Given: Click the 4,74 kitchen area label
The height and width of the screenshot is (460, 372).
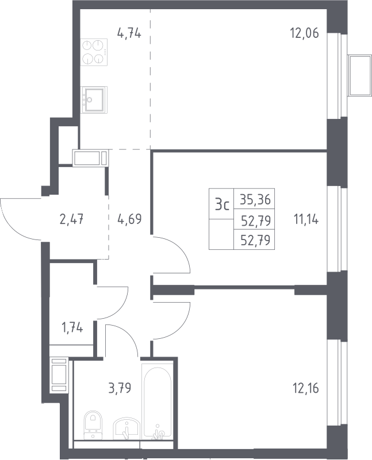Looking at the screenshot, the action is pos(129,33).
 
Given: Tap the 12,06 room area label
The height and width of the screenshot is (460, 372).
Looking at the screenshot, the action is pos(304,33).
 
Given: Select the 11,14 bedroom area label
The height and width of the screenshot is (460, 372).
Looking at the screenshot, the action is pos(306,219).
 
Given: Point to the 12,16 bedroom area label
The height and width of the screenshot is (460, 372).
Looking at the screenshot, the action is pos(306,388).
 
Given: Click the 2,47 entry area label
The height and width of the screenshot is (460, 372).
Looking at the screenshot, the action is pos(72,219).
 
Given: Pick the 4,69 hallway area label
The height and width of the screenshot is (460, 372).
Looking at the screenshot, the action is pos(129,219).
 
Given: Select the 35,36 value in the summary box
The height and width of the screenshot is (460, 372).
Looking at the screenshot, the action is pos(255,199).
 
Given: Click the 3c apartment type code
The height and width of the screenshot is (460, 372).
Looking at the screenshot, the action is pos(222,204).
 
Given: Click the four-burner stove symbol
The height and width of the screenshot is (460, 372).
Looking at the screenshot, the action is pos(94,52).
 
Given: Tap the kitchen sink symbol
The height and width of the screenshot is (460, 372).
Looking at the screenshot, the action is pos(94,100).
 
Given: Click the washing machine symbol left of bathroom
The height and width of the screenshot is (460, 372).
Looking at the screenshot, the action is pos(59,374).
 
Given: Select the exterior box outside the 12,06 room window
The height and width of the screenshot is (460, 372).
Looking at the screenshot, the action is pos(360,75).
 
